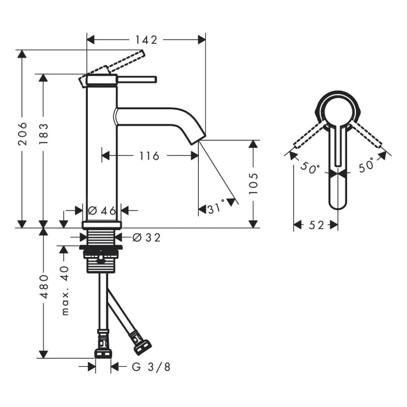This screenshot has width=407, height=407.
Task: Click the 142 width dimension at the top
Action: (146, 40)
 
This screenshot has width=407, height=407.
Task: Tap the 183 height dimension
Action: (44, 135)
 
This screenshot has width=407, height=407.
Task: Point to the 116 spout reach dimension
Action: (149, 155)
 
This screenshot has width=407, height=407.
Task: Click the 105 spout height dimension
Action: (254, 184)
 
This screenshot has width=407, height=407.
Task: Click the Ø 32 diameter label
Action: (146, 237)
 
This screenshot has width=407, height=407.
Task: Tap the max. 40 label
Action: (65, 290)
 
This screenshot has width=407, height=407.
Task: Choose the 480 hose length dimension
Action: (44, 294)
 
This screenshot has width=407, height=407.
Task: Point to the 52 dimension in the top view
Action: (316, 225)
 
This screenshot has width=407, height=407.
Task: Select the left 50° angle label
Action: (309, 169)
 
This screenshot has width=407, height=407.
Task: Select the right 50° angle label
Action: (366, 167)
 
